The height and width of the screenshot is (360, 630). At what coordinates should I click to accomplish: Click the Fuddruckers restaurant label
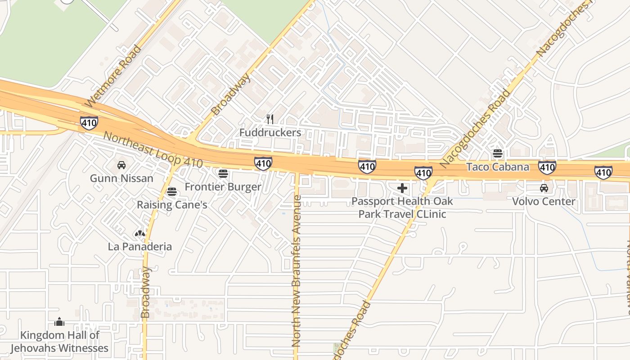(x=270, y=133)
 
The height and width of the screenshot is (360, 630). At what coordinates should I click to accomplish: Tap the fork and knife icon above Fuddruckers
(x=270, y=119)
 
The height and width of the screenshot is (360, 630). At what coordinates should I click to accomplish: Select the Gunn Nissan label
(x=121, y=178)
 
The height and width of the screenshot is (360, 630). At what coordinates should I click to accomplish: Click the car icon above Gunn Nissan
(x=121, y=165)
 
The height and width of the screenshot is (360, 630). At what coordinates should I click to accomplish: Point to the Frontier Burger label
(x=223, y=187)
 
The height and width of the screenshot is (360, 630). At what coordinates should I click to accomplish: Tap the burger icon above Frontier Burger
(x=223, y=173)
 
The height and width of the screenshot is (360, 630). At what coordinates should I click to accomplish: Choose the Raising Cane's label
(x=172, y=205)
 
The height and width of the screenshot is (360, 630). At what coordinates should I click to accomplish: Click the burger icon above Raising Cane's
(x=171, y=192)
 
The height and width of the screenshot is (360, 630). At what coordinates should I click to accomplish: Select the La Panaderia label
(x=140, y=247)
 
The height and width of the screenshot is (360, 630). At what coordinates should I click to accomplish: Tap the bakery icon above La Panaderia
(x=140, y=234)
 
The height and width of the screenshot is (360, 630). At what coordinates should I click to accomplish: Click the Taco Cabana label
(x=498, y=167)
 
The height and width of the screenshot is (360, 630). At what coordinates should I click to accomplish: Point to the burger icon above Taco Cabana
(x=498, y=153)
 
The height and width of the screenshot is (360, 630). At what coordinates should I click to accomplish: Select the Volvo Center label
(x=544, y=201)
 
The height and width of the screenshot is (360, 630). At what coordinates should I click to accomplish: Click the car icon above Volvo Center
(x=544, y=188)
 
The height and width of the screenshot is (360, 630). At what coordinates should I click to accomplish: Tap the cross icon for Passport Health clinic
(x=402, y=188)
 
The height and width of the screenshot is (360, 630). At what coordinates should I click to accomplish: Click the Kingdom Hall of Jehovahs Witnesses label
(x=59, y=342)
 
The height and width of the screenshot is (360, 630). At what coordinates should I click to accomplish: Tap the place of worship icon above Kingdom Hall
(x=59, y=322)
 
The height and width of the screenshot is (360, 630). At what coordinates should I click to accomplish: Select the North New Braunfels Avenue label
(x=296, y=270)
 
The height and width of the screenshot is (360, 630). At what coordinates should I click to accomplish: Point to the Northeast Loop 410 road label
(x=153, y=150)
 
